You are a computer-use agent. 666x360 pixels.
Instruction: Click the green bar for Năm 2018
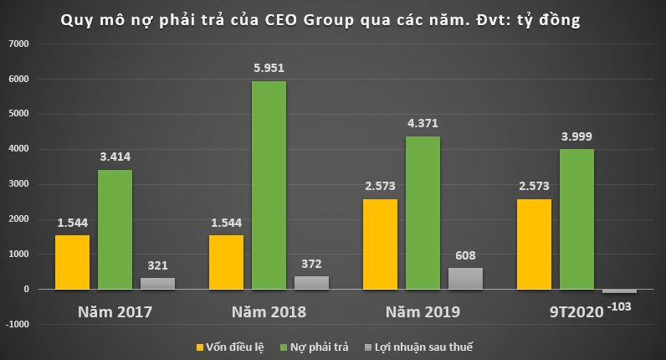coord(269,185)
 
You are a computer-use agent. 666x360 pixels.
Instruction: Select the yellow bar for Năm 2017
coord(72,262)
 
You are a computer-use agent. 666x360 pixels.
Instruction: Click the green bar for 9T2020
coord(576,219)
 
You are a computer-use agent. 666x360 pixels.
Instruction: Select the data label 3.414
coord(114,156)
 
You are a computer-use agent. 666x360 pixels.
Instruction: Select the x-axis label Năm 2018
coord(269,312)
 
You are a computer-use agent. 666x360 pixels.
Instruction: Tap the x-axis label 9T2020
coord(578,312)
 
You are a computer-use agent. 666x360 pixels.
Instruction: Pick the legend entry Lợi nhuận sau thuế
coord(424,346)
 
